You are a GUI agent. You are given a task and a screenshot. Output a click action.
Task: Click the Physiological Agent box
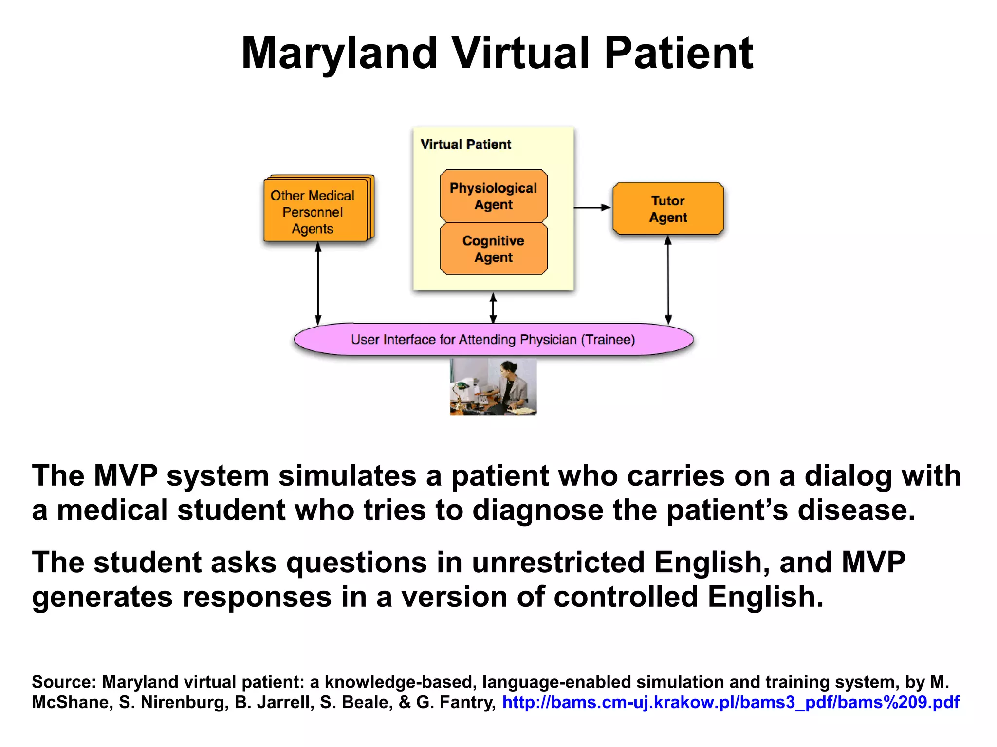coord(493,196)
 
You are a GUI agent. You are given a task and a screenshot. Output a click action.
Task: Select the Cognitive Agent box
coord(493,249)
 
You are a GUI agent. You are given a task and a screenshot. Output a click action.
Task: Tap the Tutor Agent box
coord(668,209)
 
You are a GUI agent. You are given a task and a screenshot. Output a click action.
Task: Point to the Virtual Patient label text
coord(465,145)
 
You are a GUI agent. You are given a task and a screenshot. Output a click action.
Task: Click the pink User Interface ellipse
coord(493,339)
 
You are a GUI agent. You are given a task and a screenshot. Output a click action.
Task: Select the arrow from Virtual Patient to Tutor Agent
coord(592,208)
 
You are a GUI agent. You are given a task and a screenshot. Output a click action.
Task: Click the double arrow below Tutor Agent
coord(668,280)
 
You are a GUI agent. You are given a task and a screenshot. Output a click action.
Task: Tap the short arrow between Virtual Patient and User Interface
coord(493,308)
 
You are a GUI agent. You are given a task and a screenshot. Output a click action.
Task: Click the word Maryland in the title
coord(339,54)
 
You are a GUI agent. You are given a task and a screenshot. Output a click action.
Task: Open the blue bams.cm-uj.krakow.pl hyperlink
coord(730,702)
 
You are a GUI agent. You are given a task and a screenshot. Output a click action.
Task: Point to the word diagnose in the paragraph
coord(537,510)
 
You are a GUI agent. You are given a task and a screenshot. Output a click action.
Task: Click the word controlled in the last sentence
coord(626,597)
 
